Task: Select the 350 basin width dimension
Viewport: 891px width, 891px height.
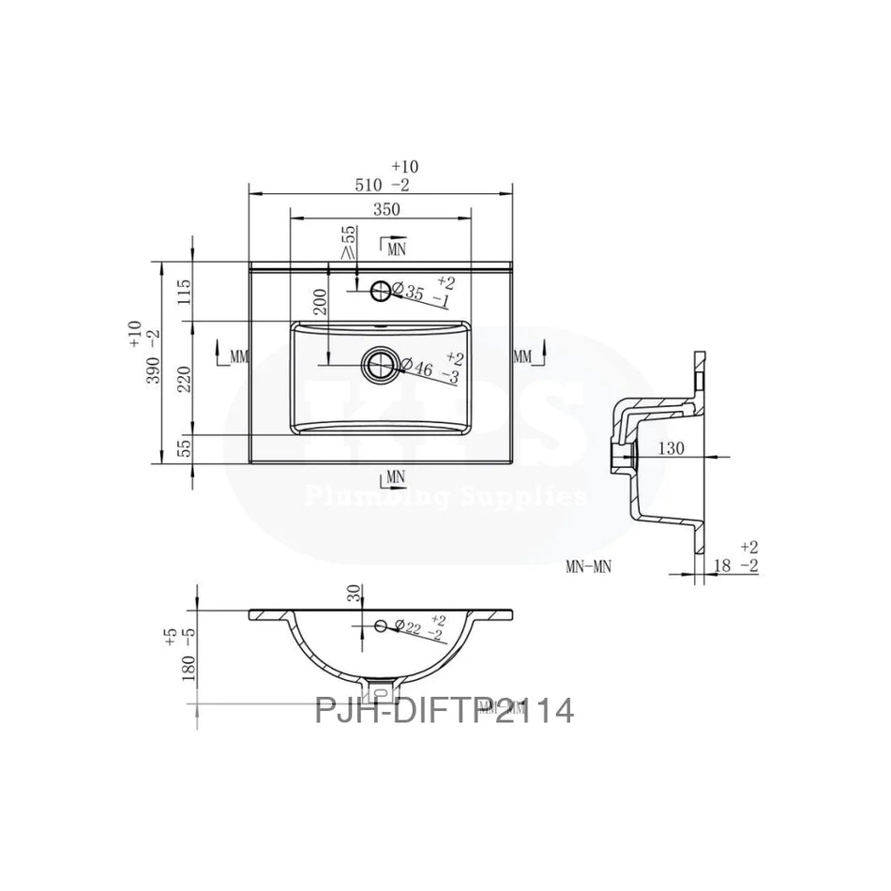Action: pos(385,209)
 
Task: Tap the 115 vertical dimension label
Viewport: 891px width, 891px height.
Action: pos(185,291)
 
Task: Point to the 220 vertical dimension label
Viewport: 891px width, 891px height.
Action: pos(185,378)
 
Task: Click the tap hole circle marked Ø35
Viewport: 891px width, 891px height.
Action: pos(381,291)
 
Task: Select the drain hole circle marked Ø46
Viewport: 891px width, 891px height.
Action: pos(381,365)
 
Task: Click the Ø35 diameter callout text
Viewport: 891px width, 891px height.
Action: pos(414,293)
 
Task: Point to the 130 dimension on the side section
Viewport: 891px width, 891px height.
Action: pos(670,448)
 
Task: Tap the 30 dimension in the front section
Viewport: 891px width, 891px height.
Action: pos(353,593)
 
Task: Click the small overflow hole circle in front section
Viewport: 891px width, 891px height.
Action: pos(381,625)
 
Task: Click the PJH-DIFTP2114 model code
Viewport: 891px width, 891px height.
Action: pos(444,710)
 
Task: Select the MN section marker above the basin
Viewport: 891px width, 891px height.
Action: pos(394,248)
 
